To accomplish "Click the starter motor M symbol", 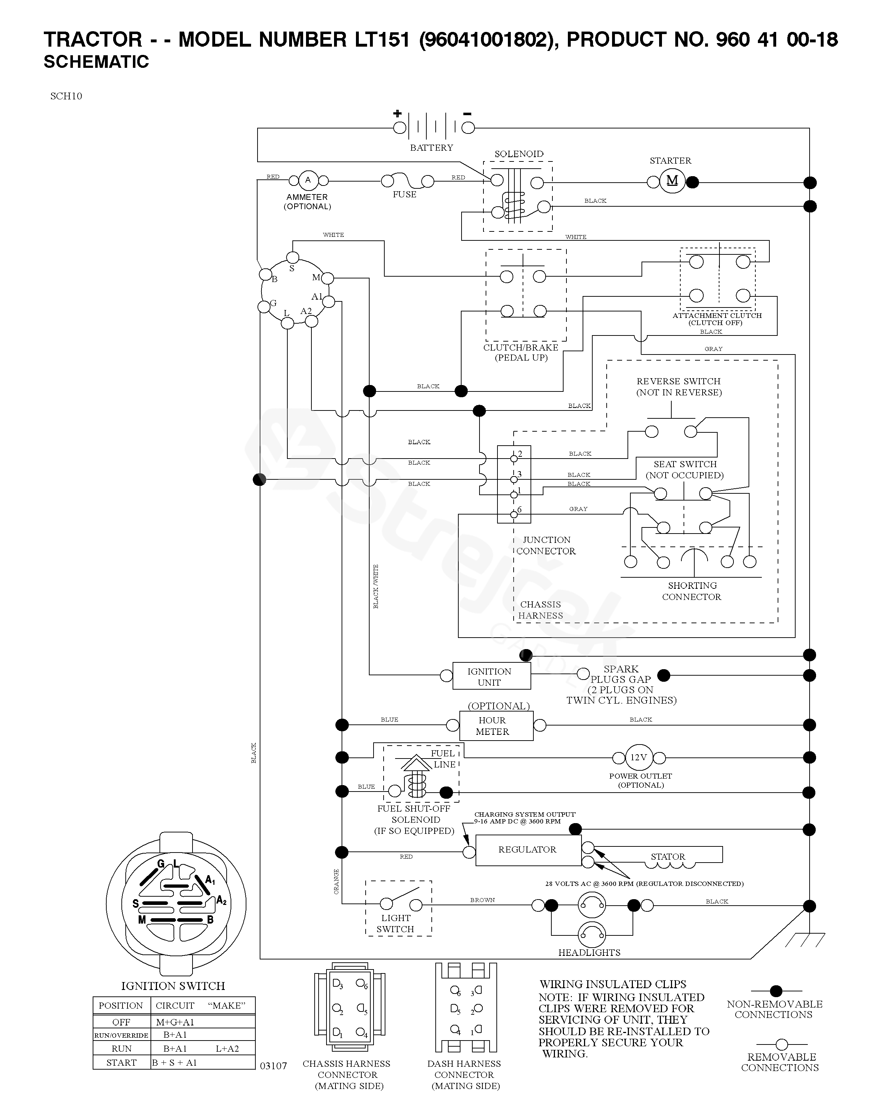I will click(672, 182).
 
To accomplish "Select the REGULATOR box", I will click(528, 850).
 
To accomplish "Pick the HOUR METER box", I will click(496, 726).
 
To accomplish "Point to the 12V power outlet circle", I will click(638, 757).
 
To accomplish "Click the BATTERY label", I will click(431, 148).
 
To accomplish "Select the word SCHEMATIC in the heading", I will click(96, 62).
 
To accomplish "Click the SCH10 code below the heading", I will click(66, 96).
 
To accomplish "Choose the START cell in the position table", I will click(121, 1063).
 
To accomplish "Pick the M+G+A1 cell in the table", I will click(175, 1023).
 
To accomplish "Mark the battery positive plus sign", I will click(397, 114).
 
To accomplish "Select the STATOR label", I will click(668, 857).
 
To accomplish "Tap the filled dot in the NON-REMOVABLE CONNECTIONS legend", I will click(776, 990).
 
